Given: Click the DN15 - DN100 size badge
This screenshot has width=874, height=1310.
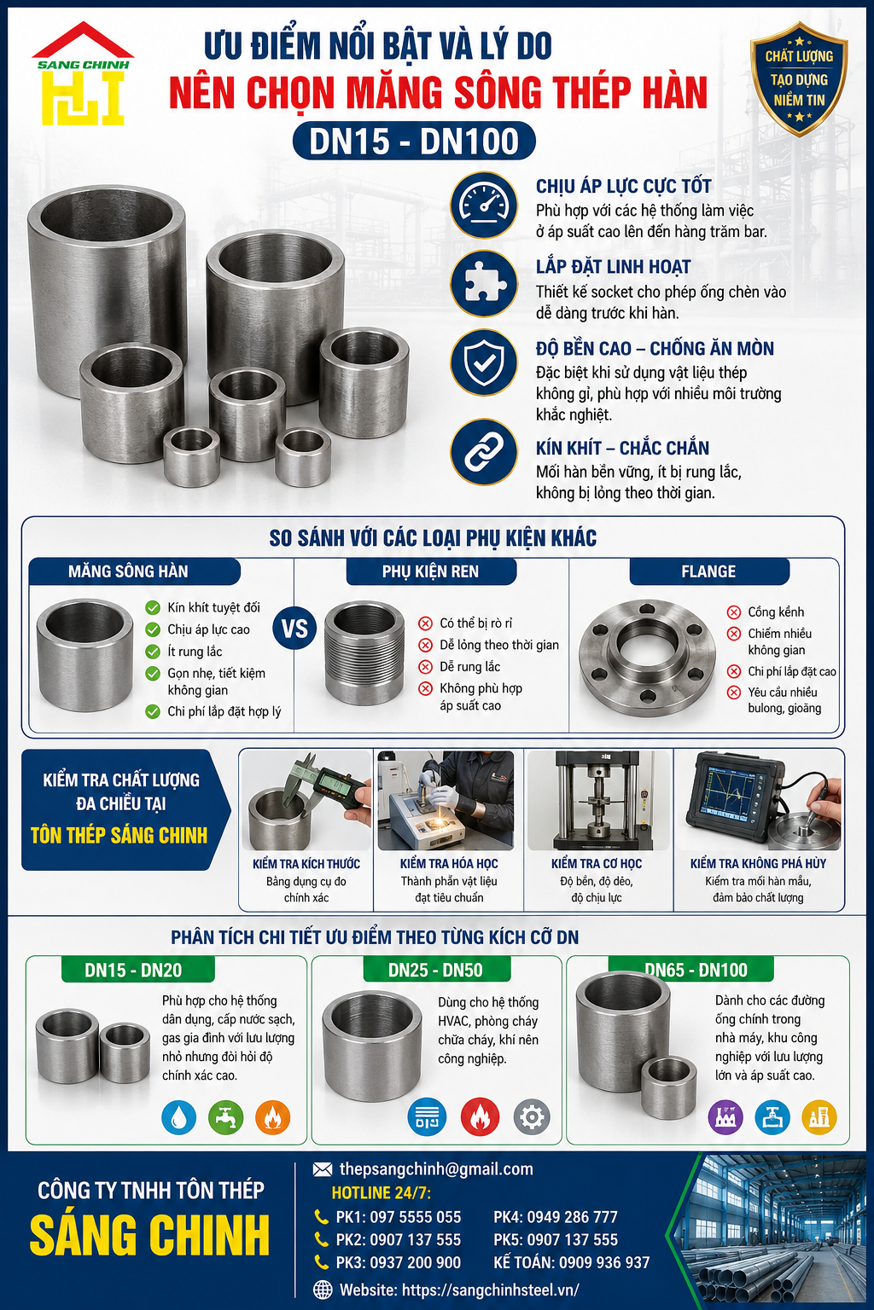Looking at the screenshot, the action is [x=414, y=141].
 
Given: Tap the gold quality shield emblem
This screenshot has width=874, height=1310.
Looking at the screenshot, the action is [x=799, y=79].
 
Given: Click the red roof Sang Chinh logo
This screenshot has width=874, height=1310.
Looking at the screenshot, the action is [x=83, y=73].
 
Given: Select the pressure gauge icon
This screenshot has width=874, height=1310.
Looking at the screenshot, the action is [x=484, y=206].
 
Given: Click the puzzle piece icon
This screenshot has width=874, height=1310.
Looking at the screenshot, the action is [x=484, y=284].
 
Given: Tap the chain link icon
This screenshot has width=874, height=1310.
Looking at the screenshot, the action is [x=484, y=452].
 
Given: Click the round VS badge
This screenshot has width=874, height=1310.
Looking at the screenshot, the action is [x=294, y=629].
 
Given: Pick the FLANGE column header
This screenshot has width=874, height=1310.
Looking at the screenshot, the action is [x=709, y=571].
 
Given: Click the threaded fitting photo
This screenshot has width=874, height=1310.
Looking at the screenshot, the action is [x=364, y=653].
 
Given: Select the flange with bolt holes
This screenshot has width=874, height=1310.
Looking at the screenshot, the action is [x=648, y=658].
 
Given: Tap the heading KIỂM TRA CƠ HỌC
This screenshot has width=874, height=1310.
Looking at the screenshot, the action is [x=597, y=864].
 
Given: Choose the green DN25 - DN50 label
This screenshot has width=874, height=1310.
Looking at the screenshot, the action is [x=436, y=970].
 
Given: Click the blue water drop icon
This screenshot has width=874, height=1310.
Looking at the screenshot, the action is [x=179, y=1117].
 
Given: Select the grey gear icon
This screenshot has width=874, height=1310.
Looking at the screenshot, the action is [x=532, y=1116].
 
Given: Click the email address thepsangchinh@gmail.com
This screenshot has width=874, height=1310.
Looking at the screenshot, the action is [x=436, y=1169].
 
